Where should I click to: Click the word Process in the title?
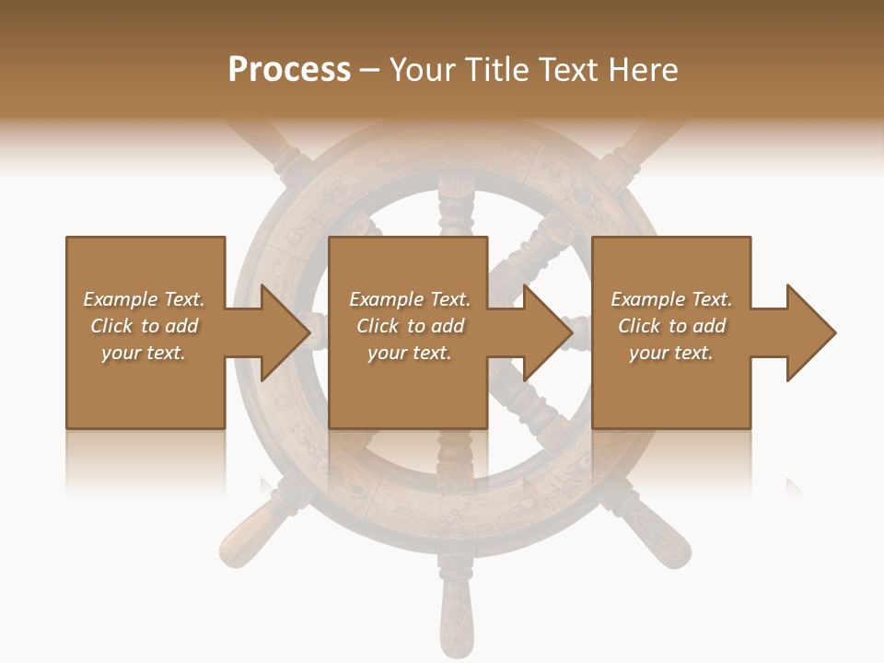[x=289, y=69]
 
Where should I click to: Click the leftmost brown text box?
[x=145, y=276]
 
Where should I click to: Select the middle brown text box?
[x=408, y=276]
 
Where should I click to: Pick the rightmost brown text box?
[x=670, y=276]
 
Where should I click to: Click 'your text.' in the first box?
[x=143, y=352]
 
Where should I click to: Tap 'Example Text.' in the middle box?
[x=410, y=299]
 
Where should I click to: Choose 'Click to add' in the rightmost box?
[x=672, y=326]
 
